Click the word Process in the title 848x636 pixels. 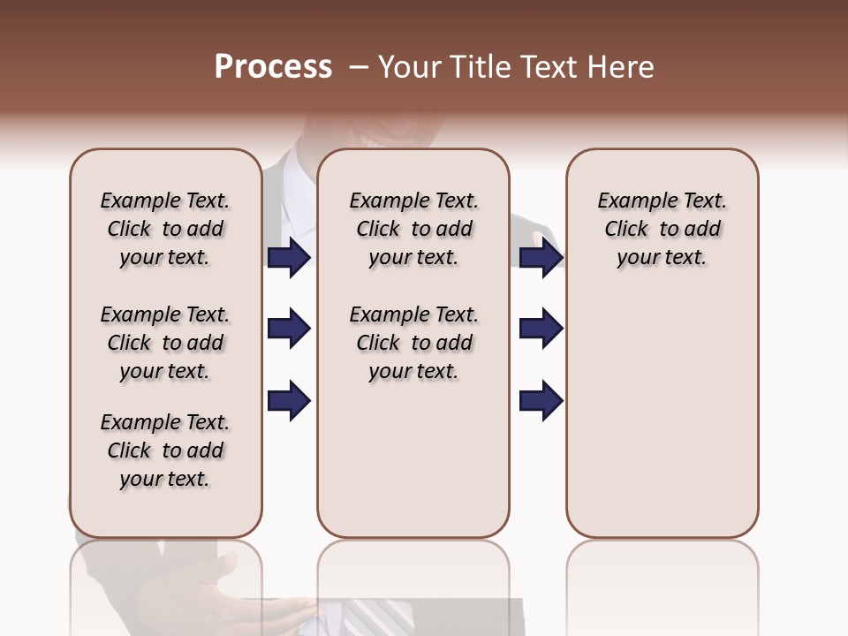[273, 67]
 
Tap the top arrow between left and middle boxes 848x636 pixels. [289, 257]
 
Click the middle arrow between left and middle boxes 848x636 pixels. [289, 329]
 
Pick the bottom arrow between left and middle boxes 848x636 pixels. [289, 401]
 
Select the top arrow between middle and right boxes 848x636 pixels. [541, 257]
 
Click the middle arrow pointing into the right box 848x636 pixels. [541, 329]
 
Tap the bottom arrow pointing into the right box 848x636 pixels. [541, 401]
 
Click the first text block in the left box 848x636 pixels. [165, 229]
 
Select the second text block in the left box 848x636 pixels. [165, 343]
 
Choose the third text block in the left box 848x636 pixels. [165, 450]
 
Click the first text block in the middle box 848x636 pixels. [413, 229]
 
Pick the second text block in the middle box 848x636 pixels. [413, 343]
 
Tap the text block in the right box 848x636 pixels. [662, 229]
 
